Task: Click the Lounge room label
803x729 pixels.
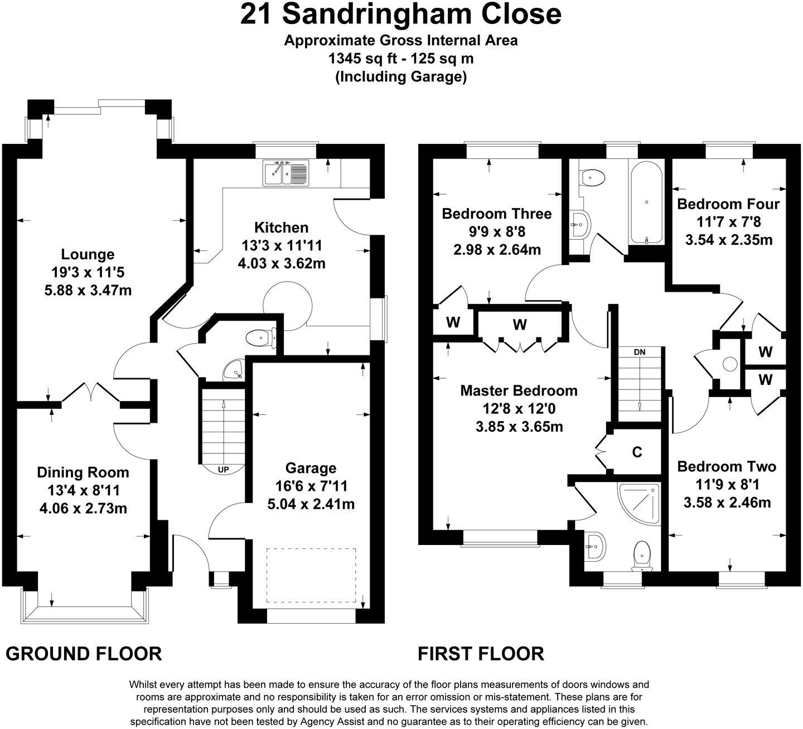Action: (88, 255)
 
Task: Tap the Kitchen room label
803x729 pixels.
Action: (281, 228)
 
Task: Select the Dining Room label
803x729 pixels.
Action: (83, 472)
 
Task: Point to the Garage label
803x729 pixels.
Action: (311, 469)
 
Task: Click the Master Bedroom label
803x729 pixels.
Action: (519, 390)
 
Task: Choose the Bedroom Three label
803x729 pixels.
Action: (496, 214)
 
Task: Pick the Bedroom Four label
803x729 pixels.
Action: (728, 204)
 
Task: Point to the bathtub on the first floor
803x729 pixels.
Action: (646, 202)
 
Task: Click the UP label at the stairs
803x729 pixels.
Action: (223, 470)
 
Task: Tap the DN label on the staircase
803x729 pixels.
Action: (640, 353)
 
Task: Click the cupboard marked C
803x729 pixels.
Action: (637, 452)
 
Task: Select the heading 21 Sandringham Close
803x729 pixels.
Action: (400, 14)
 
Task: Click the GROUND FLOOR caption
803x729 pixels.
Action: (84, 653)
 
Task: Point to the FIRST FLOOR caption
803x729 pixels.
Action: (481, 653)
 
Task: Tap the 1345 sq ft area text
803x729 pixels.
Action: (401, 58)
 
